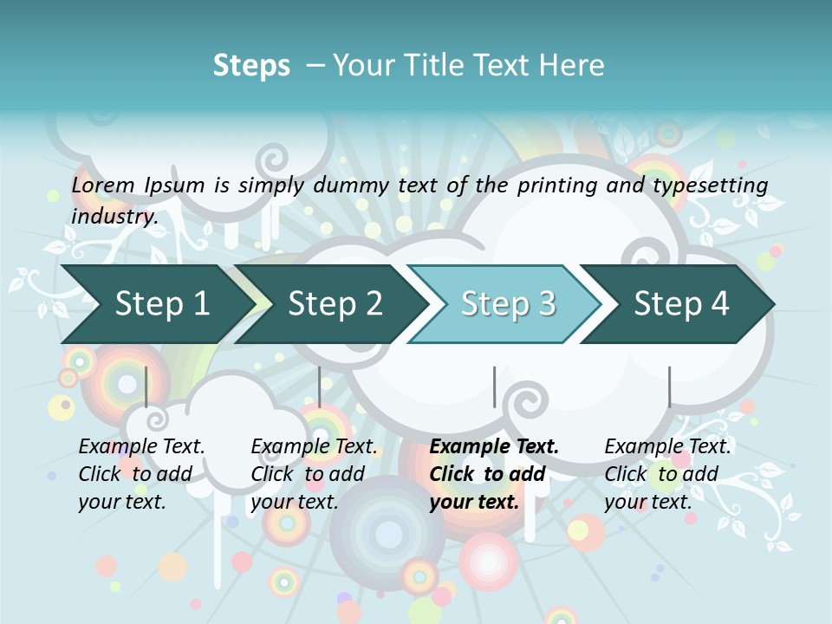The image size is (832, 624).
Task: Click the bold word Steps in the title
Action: coord(251,66)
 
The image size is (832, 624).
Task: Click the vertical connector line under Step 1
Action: coord(146,387)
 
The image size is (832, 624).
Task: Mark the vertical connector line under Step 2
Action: coord(320,387)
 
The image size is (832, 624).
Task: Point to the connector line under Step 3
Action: coord(495,387)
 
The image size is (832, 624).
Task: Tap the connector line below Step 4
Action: coord(669,387)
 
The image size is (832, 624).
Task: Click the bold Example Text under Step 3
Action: coord(494,447)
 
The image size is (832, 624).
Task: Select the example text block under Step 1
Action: coord(140,474)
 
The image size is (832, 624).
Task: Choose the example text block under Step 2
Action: coord(313,474)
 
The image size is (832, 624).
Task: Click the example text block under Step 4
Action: coord(666,474)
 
